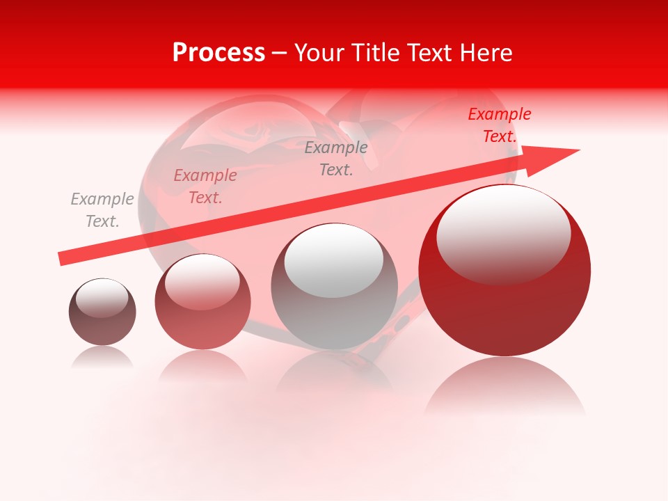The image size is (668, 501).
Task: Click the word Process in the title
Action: [218, 53]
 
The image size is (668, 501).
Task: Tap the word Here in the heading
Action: [485, 53]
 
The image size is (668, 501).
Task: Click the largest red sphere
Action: [504, 306]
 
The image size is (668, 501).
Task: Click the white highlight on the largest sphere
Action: [504, 233]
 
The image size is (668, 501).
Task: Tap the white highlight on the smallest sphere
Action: [102, 298]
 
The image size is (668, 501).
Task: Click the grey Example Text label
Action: [102, 210]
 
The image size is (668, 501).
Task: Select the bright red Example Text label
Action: [499, 125]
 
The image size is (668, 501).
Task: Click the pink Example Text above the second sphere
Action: [205, 186]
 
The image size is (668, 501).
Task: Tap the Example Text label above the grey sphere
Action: [336, 158]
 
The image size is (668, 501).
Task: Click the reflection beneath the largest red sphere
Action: [504, 390]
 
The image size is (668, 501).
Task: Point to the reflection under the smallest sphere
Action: [102, 358]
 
